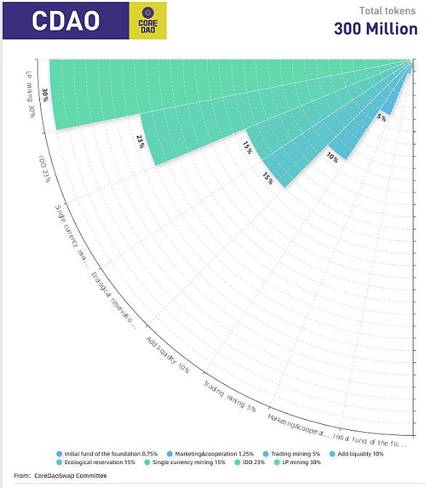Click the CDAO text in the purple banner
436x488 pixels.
point(65,21)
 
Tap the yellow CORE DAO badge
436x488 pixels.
point(148,20)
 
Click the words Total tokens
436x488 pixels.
point(388,11)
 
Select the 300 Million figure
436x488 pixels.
point(376,29)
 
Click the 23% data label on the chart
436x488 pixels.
point(140,142)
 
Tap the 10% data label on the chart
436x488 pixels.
point(332,157)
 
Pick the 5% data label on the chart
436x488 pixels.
point(381,116)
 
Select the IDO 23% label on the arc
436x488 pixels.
point(44,168)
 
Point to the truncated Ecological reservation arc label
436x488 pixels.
point(113,299)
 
